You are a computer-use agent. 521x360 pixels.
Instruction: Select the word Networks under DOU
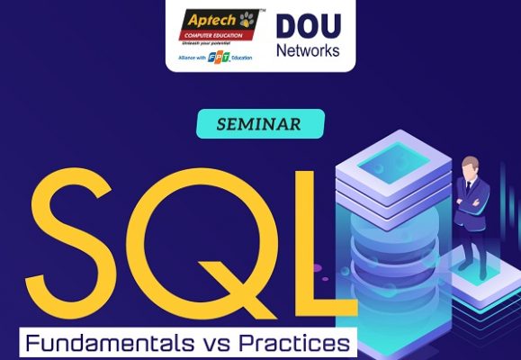(307, 49)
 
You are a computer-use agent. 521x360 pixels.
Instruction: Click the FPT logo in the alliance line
(216, 58)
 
